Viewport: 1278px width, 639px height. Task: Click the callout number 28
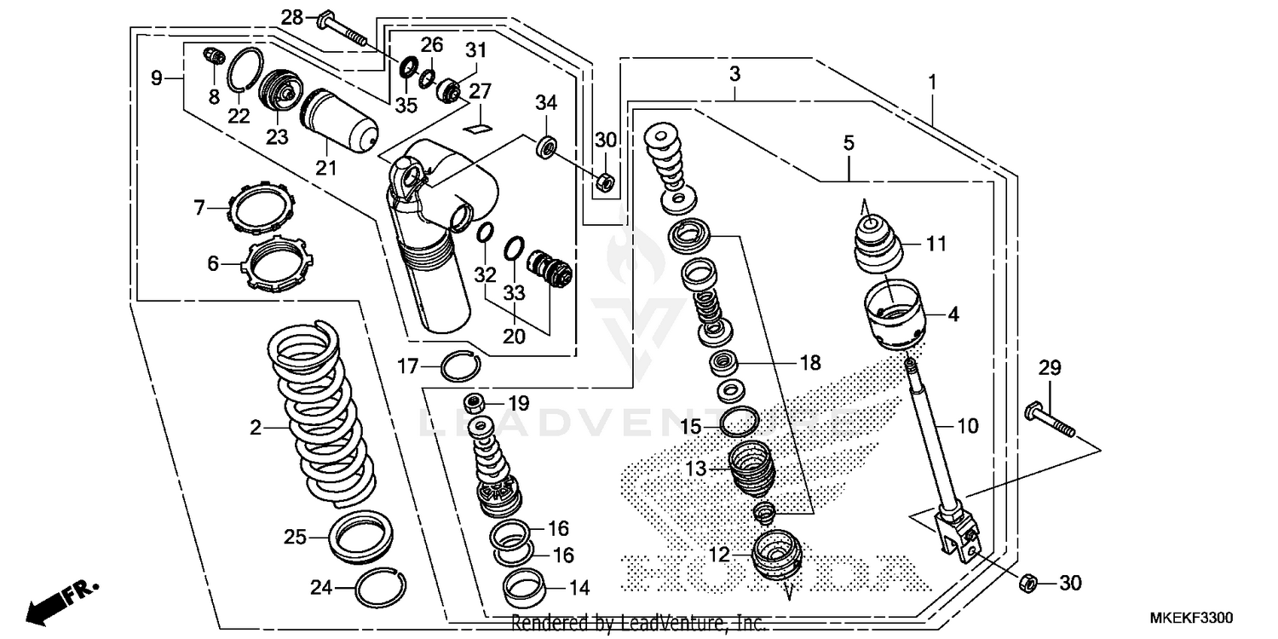click(291, 16)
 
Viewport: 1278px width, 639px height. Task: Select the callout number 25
click(295, 538)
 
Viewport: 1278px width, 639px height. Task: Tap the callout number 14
click(579, 587)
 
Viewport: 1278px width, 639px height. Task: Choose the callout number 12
click(718, 555)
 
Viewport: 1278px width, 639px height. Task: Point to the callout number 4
click(953, 314)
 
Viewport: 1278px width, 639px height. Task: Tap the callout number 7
click(199, 206)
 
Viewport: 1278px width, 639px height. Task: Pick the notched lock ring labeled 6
click(279, 265)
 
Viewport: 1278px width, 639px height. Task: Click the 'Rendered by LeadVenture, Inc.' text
click(639, 624)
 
